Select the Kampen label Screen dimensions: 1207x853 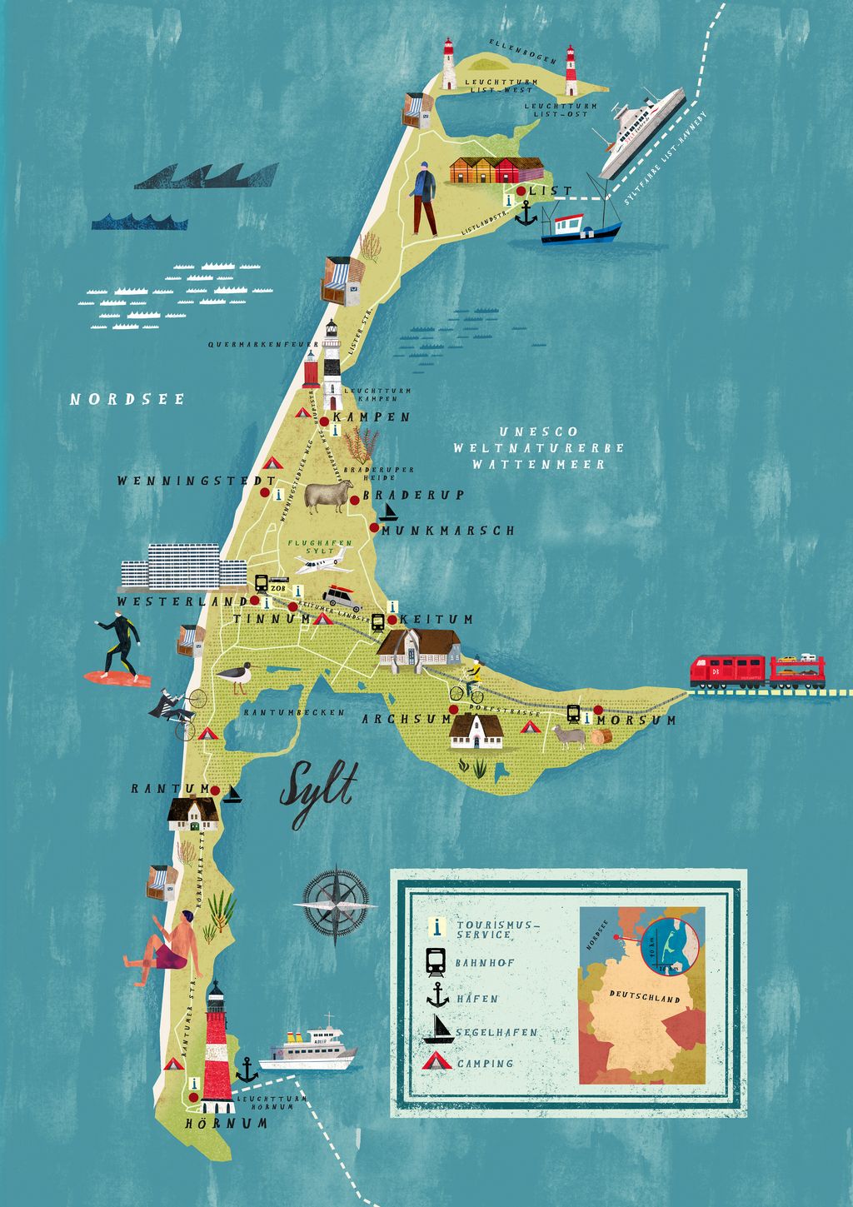(371, 417)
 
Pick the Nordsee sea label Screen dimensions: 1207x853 (127, 399)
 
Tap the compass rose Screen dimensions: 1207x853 (335, 905)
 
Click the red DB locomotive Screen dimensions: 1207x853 (726, 671)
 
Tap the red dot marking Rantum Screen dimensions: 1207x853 (215, 790)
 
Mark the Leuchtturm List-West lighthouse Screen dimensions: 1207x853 (449, 64)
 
